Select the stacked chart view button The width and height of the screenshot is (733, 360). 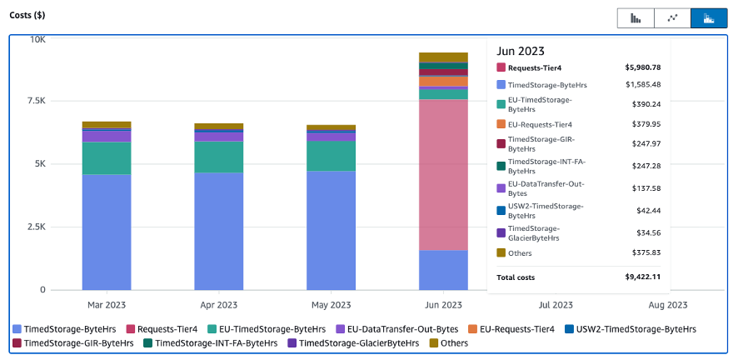coord(708,18)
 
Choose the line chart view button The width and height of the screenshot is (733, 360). coord(672,18)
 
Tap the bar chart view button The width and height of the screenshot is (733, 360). coord(636,18)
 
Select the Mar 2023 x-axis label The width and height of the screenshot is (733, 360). coord(107,305)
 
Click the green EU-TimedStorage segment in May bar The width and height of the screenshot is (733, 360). coord(331,156)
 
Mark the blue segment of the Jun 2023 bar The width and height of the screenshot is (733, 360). coord(443,270)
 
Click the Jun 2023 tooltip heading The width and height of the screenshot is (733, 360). coord(521,52)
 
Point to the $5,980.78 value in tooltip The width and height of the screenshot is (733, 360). coord(642,67)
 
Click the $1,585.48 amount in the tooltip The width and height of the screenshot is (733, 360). coord(642,84)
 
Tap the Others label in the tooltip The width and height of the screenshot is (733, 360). coord(519,253)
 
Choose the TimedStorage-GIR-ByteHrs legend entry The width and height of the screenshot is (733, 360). coord(73,342)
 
